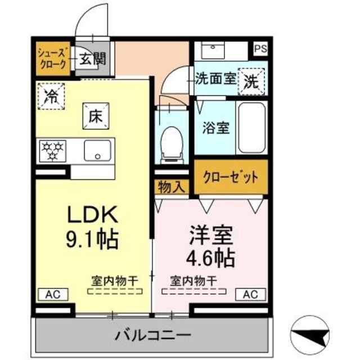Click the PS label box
coord(260,49)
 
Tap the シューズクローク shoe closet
coord(53,58)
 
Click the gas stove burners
coord(53,151)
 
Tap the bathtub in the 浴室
coord(251,128)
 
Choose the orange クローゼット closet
coord(231,177)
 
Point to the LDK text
coord(92,215)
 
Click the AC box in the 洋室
coord(251,294)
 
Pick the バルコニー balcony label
coord(154,336)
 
